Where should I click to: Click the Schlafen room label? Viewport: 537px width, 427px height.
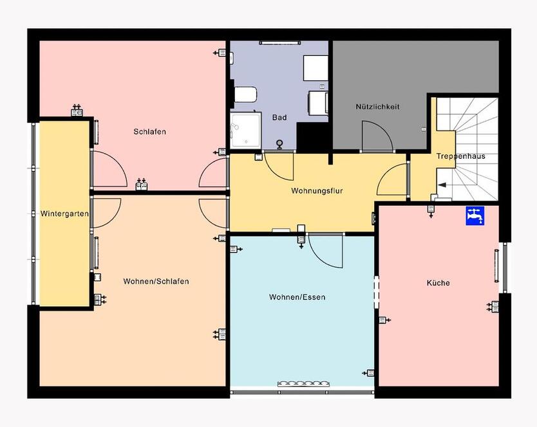[x=149, y=132]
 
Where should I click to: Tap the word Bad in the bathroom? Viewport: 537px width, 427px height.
[x=279, y=118]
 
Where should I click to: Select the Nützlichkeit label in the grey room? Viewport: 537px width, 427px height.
[x=377, y=107]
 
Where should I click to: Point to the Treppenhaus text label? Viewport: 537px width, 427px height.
[x=460, y=156]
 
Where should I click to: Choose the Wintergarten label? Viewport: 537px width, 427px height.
[x=64, y=213]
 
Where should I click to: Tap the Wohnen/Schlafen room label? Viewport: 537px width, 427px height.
[x=156, y=282]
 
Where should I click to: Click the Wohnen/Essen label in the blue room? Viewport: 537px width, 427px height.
[x=297, y=297]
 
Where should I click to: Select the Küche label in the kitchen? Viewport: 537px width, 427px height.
[x=438, y=283]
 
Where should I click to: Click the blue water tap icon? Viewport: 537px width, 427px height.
[x=475, y=215]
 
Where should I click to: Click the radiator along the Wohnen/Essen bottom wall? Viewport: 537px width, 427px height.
[x=303, y=385]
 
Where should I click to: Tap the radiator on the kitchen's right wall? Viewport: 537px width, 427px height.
[x=496, y=266]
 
